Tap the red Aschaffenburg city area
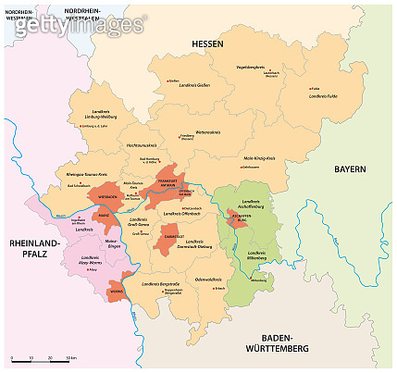click(x=233, y=219)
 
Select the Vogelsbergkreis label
click(x=252, y=67)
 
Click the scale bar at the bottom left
click(x=42, y=356)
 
